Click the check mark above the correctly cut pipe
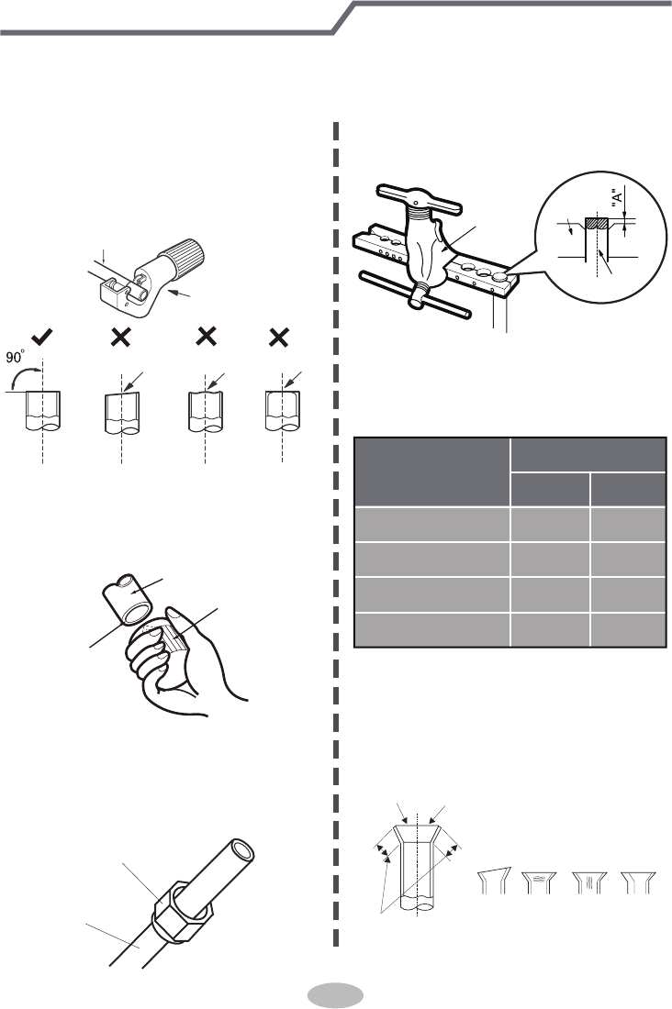tap(41, 338)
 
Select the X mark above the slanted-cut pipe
tap(120, 338)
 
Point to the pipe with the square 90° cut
tap(43, 411)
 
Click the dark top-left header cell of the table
tap(431, 471)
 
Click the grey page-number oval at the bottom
tap(336, 996)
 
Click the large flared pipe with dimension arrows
tap(420, 862)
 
